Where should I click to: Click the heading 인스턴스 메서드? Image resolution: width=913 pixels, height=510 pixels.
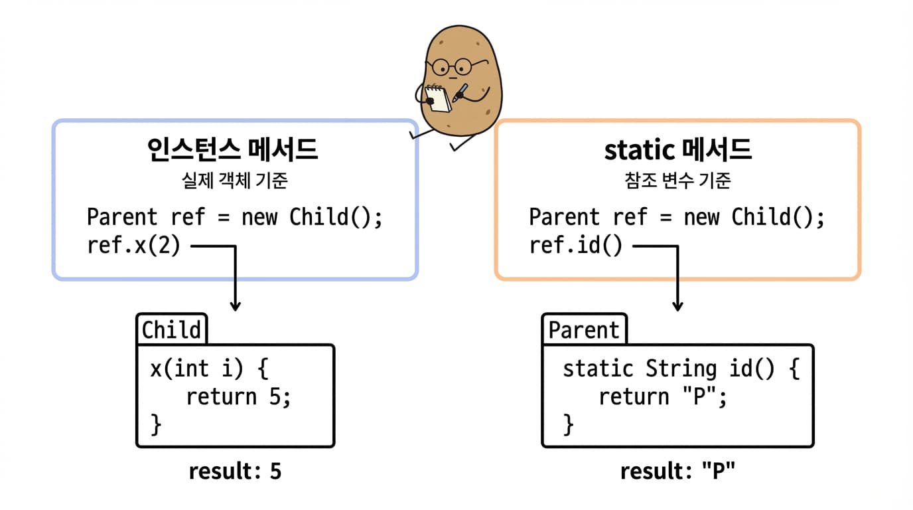pyautogui.click(x=232, y=151)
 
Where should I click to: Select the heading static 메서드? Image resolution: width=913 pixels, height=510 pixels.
pyautogui.click(x=677, y=151)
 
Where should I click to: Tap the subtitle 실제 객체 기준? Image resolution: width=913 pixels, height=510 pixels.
pyautogui.click(x=234, y=181)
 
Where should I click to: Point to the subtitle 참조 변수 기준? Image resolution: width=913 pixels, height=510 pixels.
pyautogui.click(x=677, y=181)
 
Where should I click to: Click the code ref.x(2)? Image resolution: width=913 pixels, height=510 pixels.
pyautogui.click(x=133, y=246)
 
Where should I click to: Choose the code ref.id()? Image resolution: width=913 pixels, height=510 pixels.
pyautogui.click(x=576, y=246)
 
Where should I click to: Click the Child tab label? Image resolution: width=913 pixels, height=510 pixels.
pyautogui.click(x=171, y=330)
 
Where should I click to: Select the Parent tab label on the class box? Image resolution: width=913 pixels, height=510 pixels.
pyautogui.click(x=584, y=330)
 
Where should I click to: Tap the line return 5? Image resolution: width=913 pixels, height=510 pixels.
pyautogui.click(x=238, y=396)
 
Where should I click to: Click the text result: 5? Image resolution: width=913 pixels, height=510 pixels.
pyautogui.click(x=235, y=471)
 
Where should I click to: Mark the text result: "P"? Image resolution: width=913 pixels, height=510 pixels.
pyautogui.click(x=677, y=471)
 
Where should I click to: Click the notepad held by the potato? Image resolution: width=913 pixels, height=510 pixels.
pyautogui.click(x=438, y=99)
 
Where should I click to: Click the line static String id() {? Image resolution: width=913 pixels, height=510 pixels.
pyautogui.click(x=681, y=369)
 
